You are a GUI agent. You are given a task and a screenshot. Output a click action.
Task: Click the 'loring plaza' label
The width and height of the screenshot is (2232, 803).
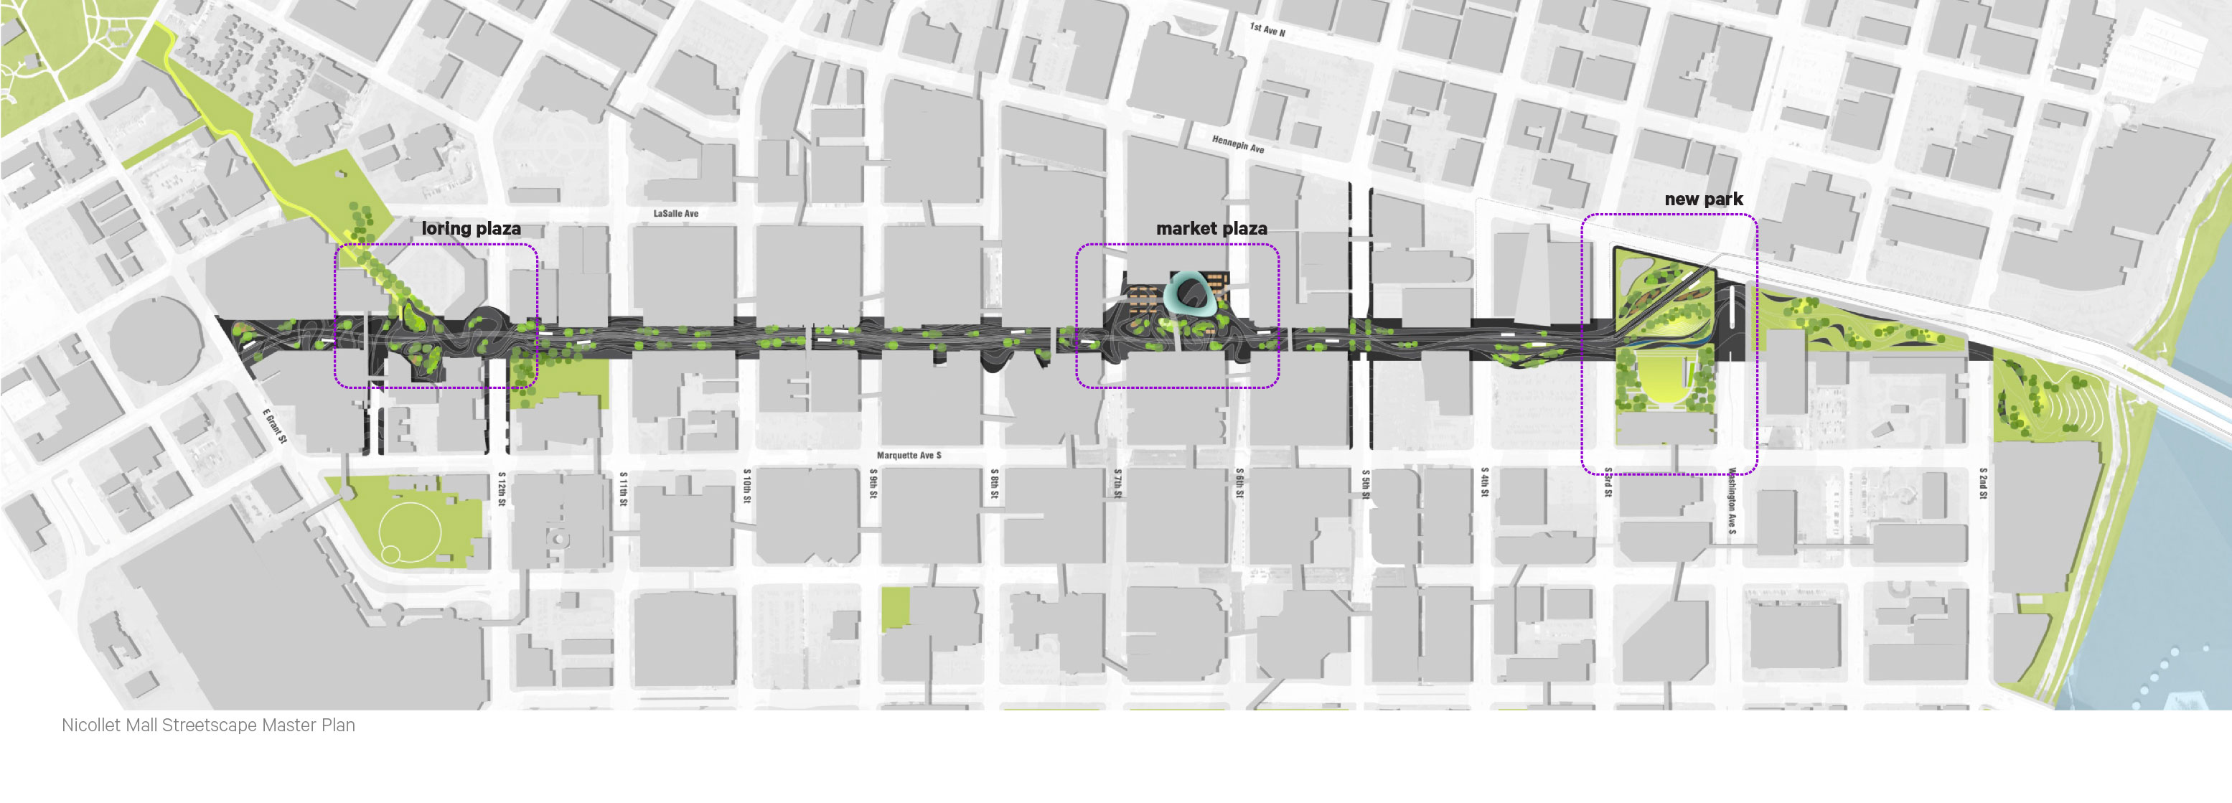pos(471,229)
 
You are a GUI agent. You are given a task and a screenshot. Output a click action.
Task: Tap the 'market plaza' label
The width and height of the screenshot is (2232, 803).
pos(1211,229)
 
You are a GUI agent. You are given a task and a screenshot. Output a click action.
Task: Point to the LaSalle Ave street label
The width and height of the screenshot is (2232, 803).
pos(676,213)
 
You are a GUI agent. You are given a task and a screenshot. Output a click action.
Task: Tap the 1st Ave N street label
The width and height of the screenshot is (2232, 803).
pos(1267,29)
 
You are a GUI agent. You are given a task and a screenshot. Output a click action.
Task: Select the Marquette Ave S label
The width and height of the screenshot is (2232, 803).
pos(908,455)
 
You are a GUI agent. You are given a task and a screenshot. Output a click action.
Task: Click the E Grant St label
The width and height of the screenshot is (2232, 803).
pos(275,426)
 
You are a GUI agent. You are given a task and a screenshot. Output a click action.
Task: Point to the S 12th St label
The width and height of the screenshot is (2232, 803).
pos(502,489)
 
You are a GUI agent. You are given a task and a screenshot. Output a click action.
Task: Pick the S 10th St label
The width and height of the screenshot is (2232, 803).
pos(747,487)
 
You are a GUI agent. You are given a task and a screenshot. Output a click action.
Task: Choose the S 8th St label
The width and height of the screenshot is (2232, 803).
pos(995,484)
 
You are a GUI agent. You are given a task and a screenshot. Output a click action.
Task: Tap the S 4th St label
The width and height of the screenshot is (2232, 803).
pos(1484,482)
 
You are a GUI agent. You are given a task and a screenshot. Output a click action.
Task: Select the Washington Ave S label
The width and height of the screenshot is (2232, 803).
pos(1731,501)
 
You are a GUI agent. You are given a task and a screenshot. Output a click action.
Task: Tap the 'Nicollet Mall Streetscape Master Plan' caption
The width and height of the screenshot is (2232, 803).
pos(208,725)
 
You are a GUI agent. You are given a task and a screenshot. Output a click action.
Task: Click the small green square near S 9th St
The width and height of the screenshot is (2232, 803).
pos(896,607)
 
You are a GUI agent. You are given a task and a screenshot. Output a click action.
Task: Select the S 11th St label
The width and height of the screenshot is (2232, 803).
pos(623,489)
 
